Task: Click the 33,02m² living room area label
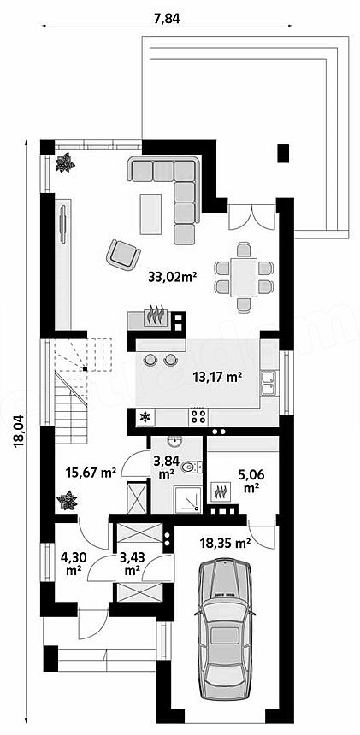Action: coord(172,277)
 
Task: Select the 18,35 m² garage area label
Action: coord(225,544)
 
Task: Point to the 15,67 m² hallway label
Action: coord(91,473)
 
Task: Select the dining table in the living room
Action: coord(244,277)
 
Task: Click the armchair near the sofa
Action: coord(123,254)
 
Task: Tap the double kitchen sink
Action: coord(269,383)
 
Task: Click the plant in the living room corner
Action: coord(65,162)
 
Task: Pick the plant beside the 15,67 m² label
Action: coord(67,501)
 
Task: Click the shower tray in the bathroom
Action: coord(187,498)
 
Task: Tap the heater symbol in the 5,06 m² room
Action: coord(221,491)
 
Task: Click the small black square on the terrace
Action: coord(283,153)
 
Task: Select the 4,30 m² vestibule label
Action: coord(72,564)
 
